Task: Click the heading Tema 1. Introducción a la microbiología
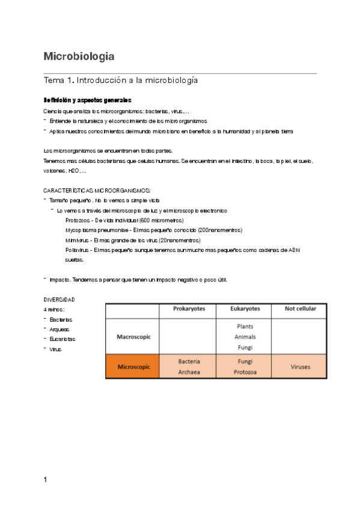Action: tap(121, 80)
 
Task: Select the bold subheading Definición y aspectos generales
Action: tap(88, 100)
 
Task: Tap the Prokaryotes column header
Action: tap(189, 309)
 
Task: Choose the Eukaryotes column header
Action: tap(245, 309)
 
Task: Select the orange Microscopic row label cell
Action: tap(134, 366)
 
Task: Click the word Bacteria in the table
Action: tap(189, 361)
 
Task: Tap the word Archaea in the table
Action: tap(189, 372)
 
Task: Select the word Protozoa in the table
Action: tap(245, 372)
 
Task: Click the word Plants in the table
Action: tap(245, 326)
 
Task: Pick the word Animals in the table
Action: tap(245, 336)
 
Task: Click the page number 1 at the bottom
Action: tap(46, 480)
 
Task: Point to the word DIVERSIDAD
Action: tap(59, 300)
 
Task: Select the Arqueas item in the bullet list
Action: tap(59, 330)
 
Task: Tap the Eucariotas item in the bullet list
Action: tap(63, 339)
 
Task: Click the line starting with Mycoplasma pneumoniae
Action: tap(153, 230)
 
